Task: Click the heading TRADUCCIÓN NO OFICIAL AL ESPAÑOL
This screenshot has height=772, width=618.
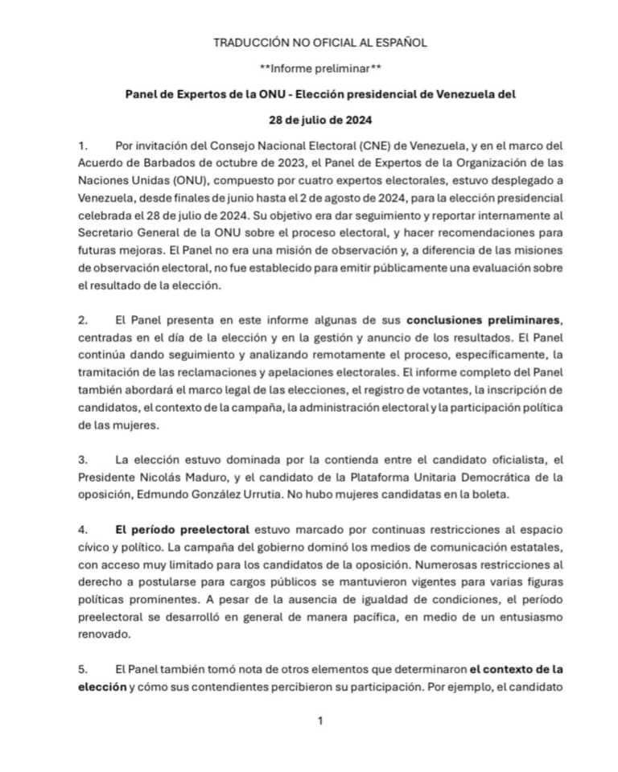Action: pos(320,42)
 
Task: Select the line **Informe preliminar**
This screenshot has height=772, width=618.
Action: pos(319,68)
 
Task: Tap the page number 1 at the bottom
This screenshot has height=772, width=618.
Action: pos(319,721)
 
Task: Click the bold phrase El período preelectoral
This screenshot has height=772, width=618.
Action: pos(183,530)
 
